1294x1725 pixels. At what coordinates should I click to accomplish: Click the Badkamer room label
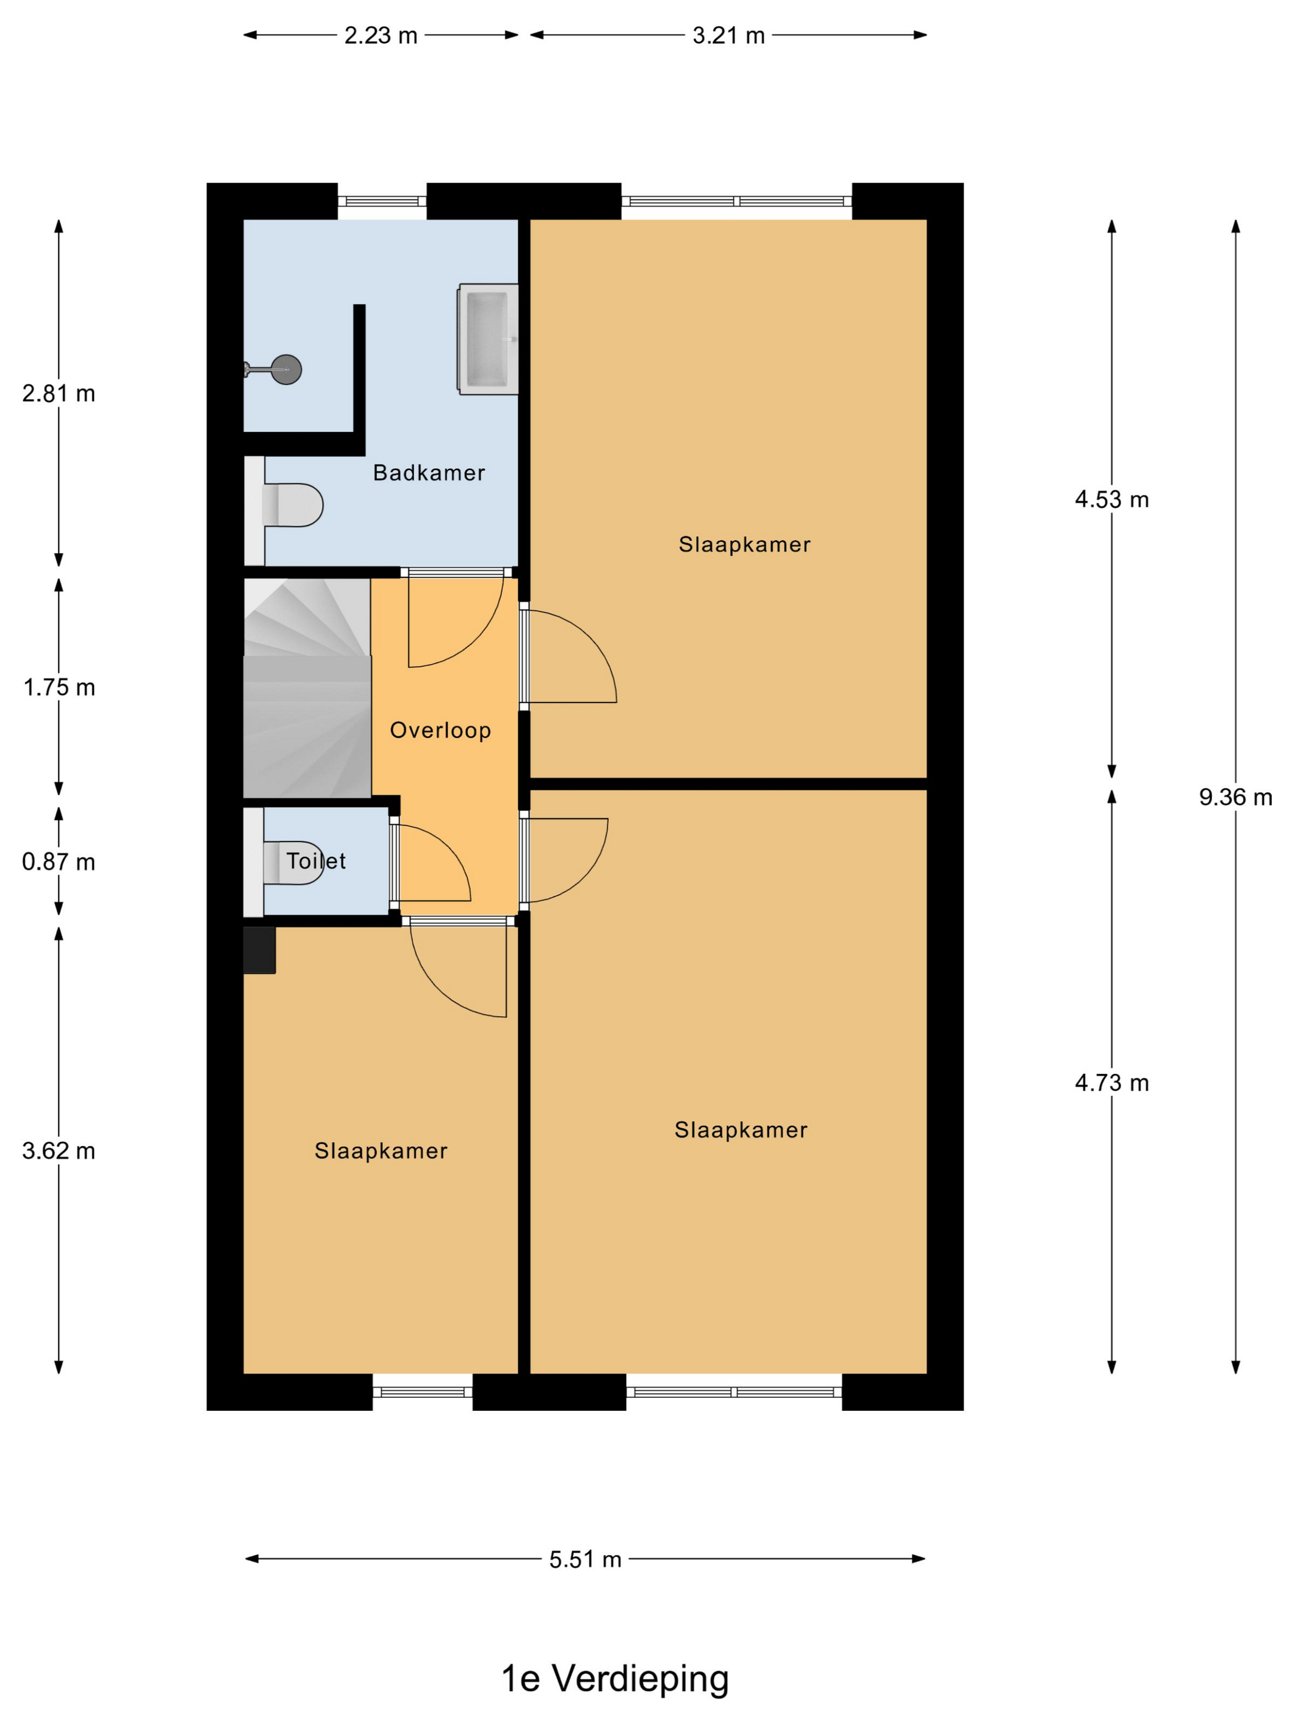428,473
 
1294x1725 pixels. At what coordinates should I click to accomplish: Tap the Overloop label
440,730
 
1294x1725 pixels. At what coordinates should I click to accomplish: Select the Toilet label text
316,861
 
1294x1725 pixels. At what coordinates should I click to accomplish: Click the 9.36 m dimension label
1235,797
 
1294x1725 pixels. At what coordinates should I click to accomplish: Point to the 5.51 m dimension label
585,1559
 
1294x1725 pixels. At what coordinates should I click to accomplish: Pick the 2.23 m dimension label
381,35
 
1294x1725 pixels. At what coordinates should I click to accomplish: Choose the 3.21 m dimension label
728,35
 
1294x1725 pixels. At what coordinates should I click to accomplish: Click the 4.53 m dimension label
1112,499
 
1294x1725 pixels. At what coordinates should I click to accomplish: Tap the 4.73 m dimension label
1112,1082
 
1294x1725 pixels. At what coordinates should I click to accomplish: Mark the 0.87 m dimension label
59,862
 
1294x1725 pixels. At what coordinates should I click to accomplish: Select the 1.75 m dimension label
59,687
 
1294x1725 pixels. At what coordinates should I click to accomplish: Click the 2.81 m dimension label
59,393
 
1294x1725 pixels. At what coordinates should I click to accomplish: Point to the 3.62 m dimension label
59,1151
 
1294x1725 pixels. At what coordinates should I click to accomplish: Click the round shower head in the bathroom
287,369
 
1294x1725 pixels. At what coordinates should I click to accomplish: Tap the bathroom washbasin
487,339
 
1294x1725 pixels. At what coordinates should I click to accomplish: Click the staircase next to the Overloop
307,688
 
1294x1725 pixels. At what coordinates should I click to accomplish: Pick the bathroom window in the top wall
382,201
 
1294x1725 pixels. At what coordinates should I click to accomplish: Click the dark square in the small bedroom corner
260,950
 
